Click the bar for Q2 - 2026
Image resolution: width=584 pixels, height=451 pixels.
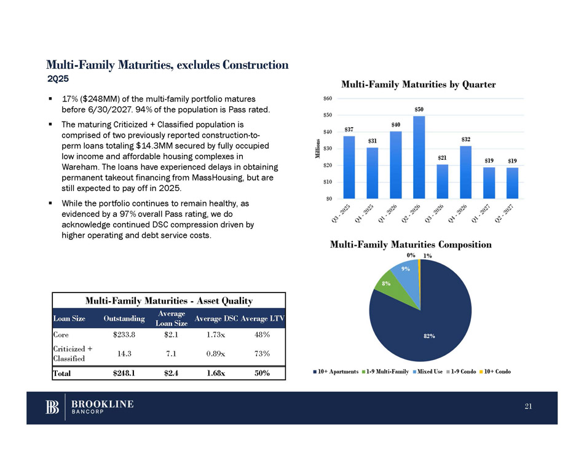419,157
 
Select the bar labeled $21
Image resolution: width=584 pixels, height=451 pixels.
442,181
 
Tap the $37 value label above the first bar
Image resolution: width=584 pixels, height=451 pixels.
349,130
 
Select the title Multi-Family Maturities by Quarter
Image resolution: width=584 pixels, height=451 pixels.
419,84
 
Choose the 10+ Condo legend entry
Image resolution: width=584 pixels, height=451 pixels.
495,372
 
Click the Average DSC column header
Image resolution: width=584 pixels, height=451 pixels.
215,318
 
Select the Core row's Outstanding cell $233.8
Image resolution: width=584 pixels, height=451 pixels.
124,334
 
